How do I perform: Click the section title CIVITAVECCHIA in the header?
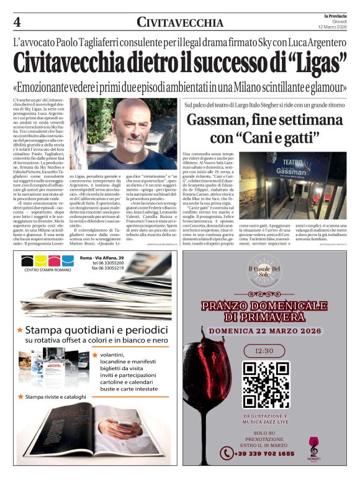180,23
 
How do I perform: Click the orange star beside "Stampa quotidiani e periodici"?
20,330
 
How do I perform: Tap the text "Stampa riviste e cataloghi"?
55,396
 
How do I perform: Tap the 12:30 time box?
266,351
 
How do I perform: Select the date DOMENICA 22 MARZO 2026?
264,331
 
